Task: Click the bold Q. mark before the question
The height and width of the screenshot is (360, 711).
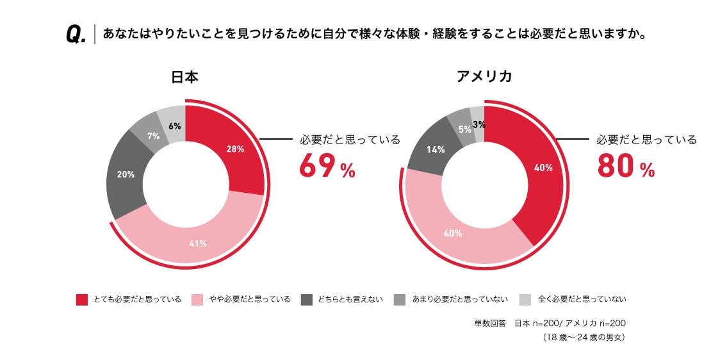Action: [x=76, y=35]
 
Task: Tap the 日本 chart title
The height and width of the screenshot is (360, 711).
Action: [x=184, y=78]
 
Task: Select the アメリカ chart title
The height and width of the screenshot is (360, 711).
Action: [x=484, y=77]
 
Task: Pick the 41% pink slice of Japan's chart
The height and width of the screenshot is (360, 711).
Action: [x=197, y=243]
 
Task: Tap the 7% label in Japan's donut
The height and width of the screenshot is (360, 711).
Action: [x=153, y=136]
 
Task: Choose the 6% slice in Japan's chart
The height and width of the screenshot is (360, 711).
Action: [x=174, y=126]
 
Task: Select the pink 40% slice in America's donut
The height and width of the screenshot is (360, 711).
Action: [x=453, y=233]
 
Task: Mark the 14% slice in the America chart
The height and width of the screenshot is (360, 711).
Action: [x=436, y=150]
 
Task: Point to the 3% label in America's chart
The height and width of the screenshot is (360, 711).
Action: [x=478, y=124]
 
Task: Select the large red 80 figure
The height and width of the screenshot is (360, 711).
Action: [x=616, y=165]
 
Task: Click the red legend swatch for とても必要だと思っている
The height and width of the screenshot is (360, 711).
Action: [x=81, y=299]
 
